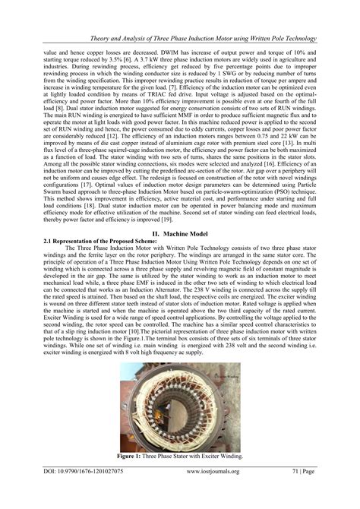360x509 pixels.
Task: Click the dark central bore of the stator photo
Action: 181,406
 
